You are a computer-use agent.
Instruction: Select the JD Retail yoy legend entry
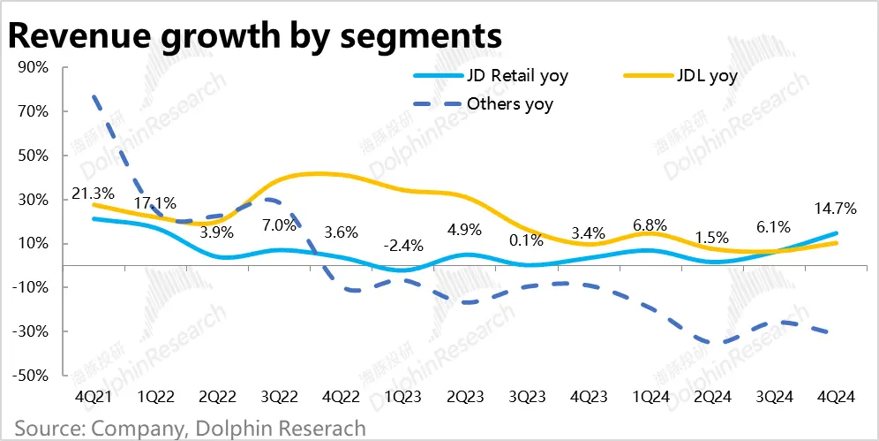[x=516, y=75]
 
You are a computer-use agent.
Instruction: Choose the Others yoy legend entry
[x=510, y=104]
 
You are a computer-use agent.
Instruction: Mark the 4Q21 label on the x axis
[x=93, y=398]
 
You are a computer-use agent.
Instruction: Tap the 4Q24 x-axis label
[x=837, y=398]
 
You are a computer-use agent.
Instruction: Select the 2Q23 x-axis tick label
[x=465, y=398]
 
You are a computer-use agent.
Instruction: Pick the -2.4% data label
[x=404, y=245]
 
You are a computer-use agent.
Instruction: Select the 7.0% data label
[x=279, y=224]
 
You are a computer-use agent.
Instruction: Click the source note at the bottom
[x=189, y=429]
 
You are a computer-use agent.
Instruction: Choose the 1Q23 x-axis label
[x=402, y=398]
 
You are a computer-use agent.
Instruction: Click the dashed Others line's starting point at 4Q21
[x=94, y=95]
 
